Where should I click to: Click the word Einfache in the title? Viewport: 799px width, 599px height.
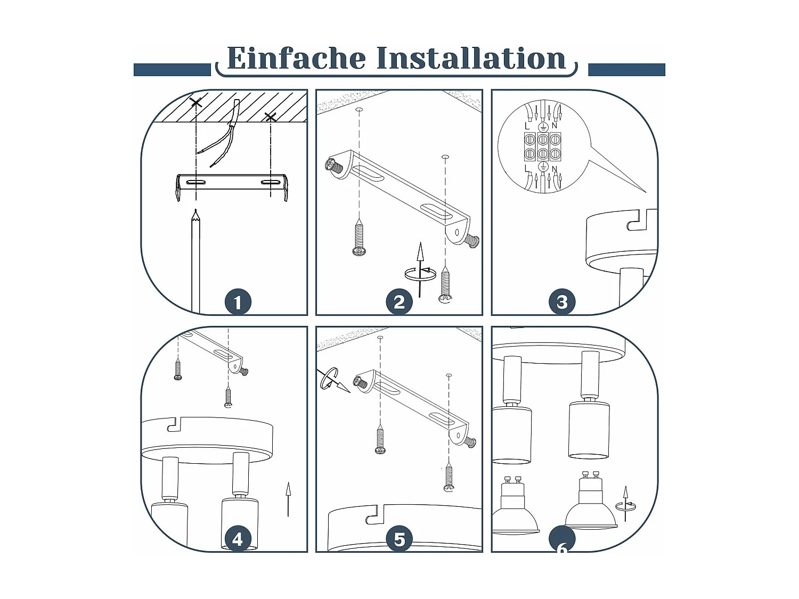296,58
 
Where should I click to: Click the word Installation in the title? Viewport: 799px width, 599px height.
471,58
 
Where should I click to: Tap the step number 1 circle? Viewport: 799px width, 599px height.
238,302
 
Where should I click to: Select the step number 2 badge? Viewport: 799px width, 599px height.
399,302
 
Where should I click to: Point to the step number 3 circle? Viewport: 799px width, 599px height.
562,302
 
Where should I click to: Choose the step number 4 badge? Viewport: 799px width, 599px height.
238,539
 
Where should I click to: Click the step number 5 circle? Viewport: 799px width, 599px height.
399,539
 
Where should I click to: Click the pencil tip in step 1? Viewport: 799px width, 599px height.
196,211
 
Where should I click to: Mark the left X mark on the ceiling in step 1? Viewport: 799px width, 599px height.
196,102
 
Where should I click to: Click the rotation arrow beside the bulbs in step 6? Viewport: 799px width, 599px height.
626,504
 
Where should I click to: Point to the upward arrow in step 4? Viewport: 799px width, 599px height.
288,499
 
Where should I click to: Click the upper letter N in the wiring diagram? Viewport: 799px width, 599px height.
555,126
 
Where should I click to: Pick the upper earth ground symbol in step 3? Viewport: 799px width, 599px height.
543,127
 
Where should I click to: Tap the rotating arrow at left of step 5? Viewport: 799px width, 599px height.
332,381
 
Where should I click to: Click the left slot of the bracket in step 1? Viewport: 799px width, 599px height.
196,183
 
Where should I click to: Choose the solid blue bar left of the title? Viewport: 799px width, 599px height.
172,70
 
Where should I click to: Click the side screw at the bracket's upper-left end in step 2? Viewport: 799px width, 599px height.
334,166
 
